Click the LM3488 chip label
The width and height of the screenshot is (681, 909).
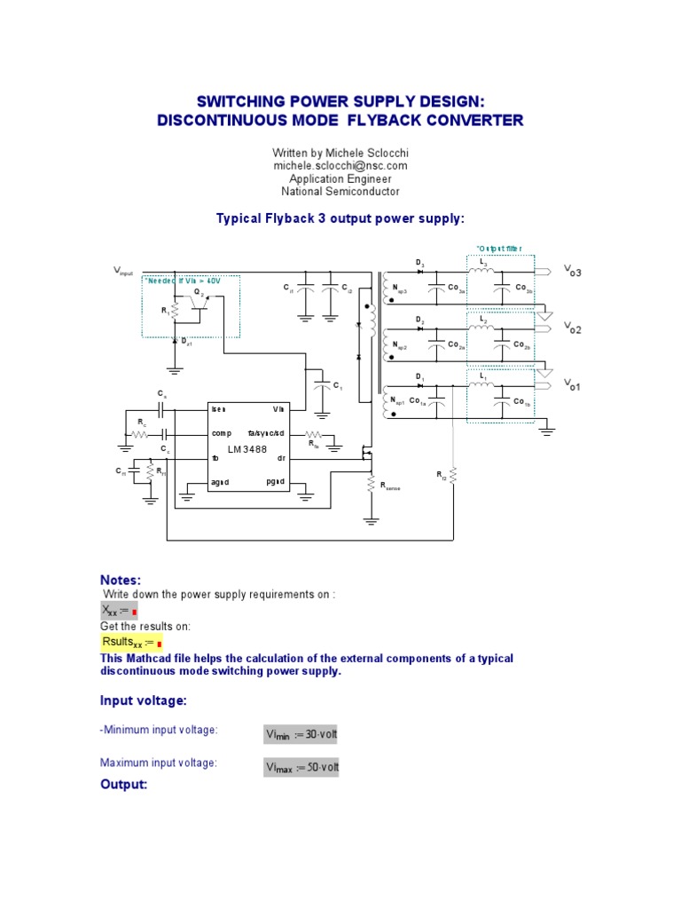coord(247,449)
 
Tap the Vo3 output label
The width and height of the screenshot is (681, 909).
coord(572,272)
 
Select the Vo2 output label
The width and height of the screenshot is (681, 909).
coord(572,328)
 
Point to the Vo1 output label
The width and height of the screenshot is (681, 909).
coord(572,385)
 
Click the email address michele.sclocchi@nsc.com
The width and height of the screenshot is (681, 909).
coord(340,166)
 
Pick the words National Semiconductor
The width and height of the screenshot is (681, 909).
coord(340,191)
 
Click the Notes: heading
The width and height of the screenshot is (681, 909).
coord(121,580)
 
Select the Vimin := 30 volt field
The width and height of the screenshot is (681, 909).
coord(301,734)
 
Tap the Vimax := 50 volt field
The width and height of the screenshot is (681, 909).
coord(301,766)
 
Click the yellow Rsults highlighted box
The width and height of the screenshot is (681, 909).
coord(131,642)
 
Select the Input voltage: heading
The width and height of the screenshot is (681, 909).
coord(143,701)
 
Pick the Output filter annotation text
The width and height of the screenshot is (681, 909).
coord(499,249)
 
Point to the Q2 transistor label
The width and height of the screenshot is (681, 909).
coord(200,292)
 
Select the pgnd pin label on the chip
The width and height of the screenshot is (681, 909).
coord(275,481)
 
